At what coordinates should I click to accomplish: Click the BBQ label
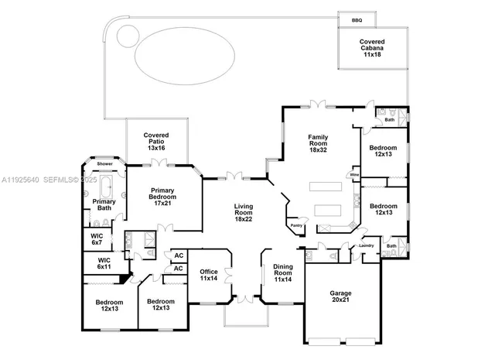coord(357,20)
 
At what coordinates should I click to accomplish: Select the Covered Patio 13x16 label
coord(156,141)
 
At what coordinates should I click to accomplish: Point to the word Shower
coord(104,164)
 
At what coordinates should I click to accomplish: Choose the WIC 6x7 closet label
coord(97,239)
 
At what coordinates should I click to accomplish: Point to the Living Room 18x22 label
coord(244,213)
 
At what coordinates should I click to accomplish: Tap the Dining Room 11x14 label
coord(283,273)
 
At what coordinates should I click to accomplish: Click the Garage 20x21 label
coord(340,297)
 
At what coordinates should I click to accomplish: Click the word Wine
coord(353,176)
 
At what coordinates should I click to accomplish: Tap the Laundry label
coord(366,246)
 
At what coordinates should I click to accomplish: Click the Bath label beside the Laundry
coord(391,246)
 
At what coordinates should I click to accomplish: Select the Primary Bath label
coord(104,205)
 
